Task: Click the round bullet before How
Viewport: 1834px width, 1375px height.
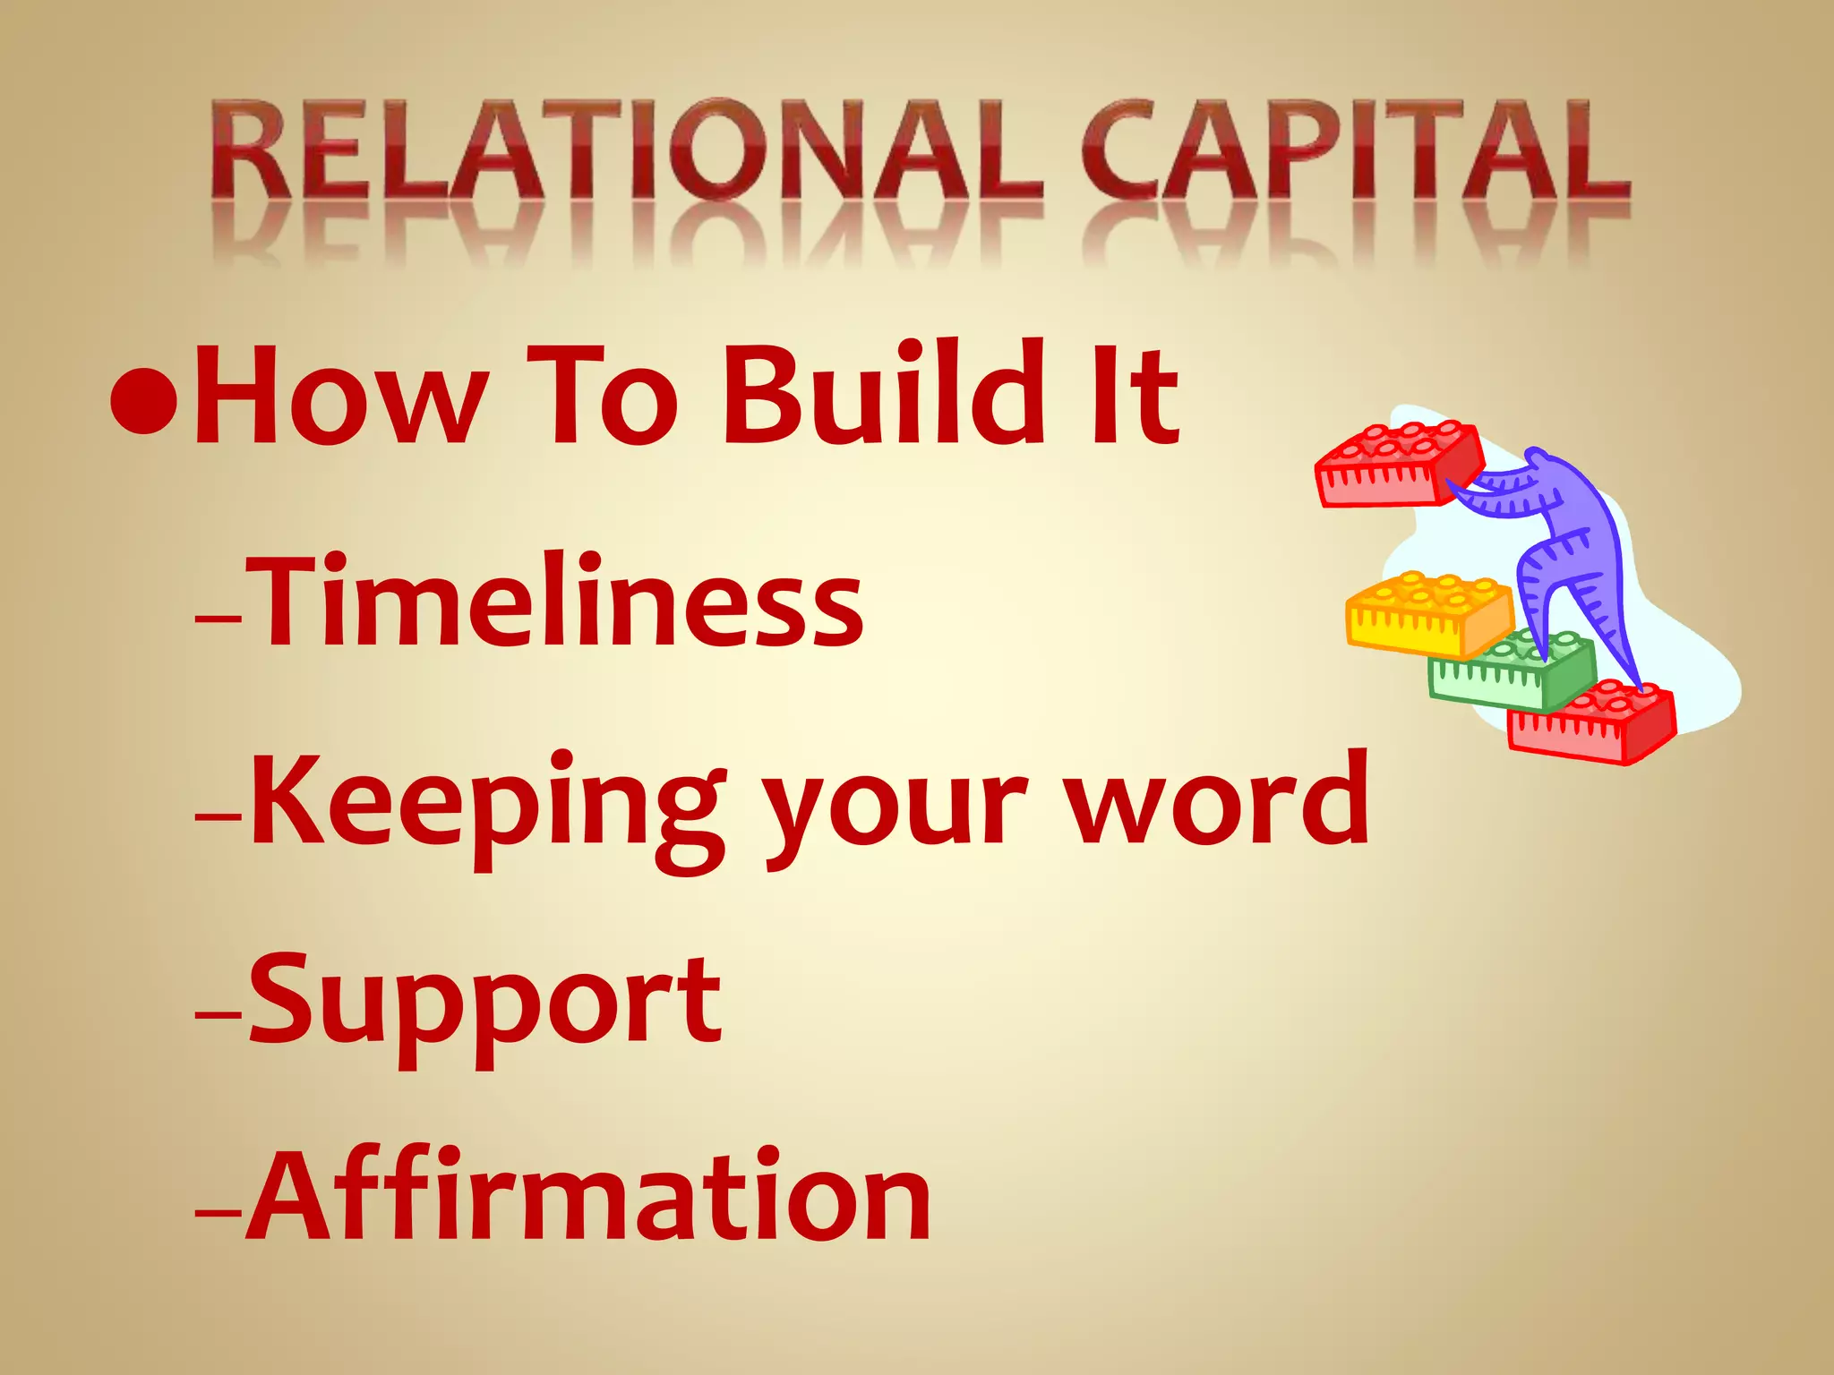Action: click(x=143, y=400)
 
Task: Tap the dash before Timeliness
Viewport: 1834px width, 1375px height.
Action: click(x=218, y=618)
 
